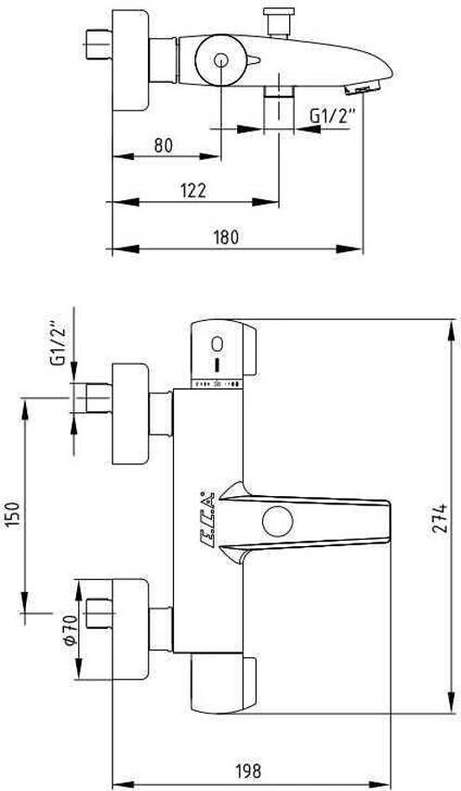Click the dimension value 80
tap(164, 144)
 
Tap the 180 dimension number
tap(226, 236)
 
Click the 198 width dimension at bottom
tap(246, 771)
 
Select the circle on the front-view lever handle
tap(276, 520)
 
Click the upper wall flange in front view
tap(129, 413)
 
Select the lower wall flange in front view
tap(129, 629)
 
